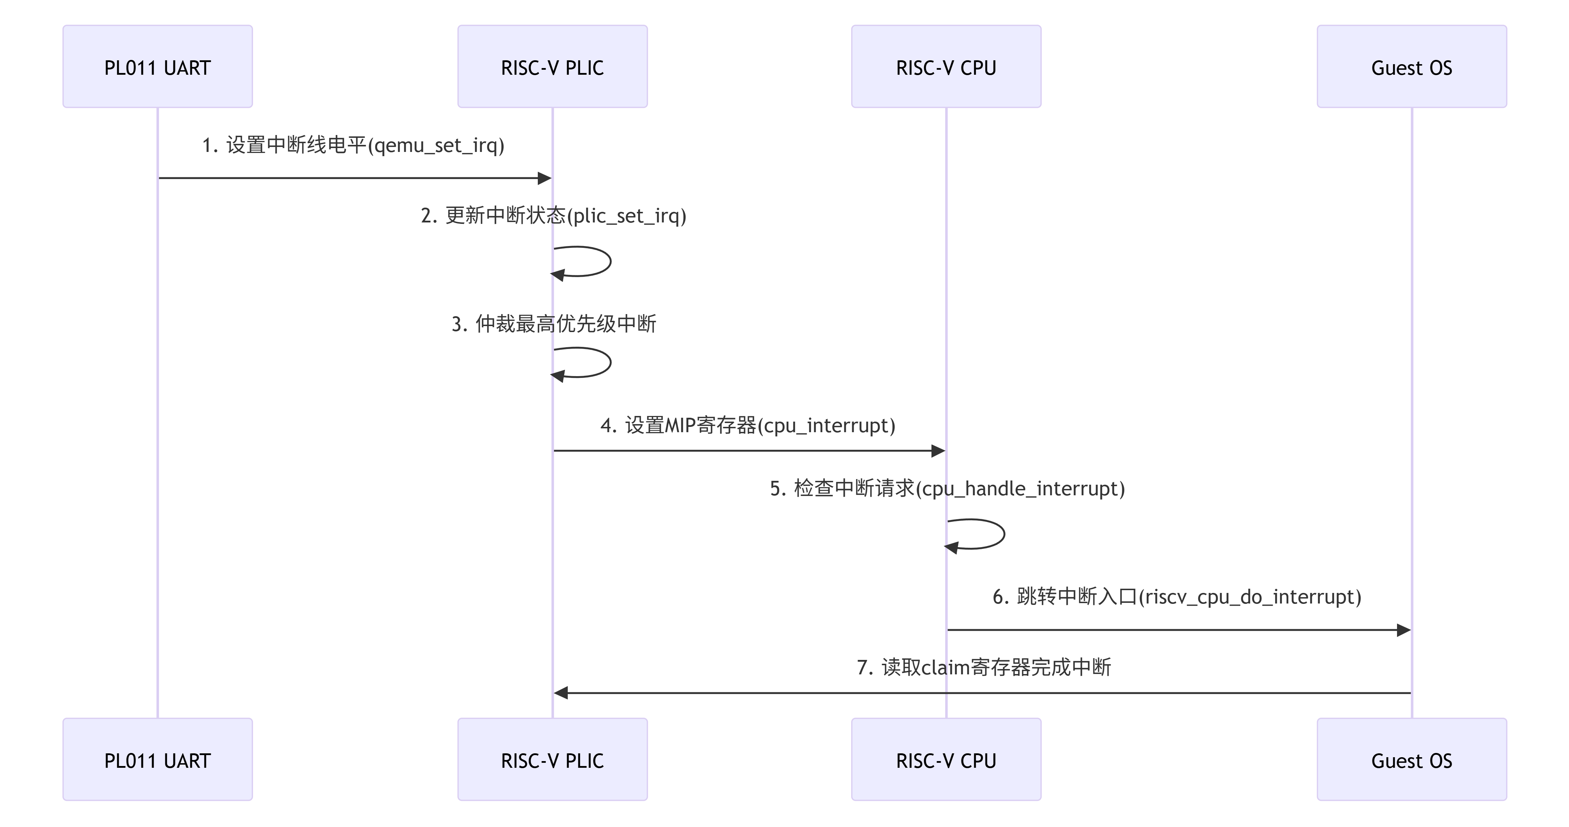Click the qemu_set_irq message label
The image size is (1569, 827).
tap(353, 145)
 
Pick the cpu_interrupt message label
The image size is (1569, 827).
tap(747, 425)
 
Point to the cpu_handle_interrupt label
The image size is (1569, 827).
tap(947, 489)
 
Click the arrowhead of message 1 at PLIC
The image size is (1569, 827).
tap(544, 178)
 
